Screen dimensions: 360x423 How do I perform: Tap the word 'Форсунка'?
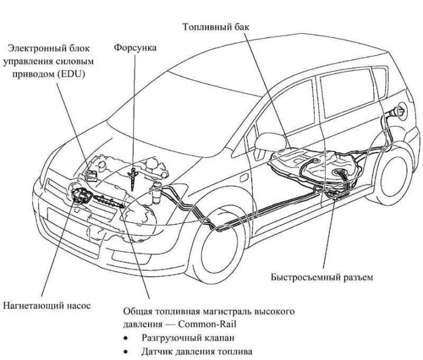click(x=135, y=47)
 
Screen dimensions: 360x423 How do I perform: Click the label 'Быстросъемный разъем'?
click(x=322, y=276)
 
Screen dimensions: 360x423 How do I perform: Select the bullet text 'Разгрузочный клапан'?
click(x=182, y=338)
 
